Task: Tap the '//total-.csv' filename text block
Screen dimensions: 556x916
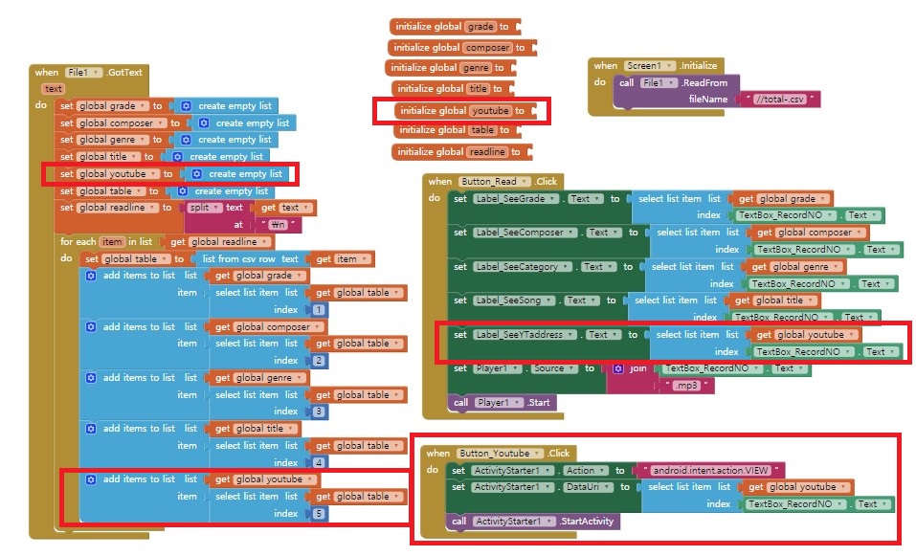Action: (786, 99)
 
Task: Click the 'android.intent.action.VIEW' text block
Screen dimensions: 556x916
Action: (711, 470)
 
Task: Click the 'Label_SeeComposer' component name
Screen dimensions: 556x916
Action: (518, 233)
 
